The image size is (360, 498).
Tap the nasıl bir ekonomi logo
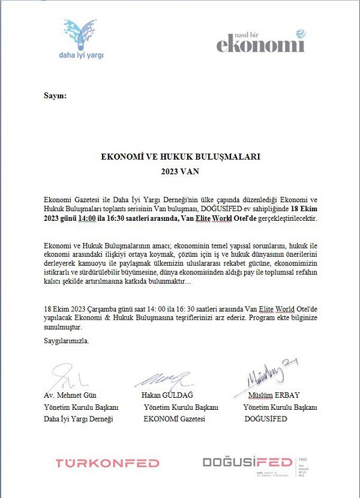tap(260, 41)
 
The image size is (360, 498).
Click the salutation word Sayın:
tap(55, 96)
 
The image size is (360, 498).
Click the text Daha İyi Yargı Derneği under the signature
tap(78, 419)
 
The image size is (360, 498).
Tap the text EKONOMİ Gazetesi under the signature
tap(175, 419)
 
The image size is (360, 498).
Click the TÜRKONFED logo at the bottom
tap(107, 463)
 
